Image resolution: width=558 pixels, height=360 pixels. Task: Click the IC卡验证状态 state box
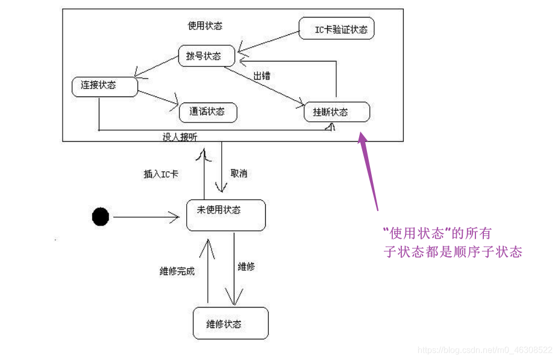[x=336, y=28]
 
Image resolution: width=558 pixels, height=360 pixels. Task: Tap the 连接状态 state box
[x=104, y=86]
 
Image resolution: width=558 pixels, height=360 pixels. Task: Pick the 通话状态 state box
[x=207, y=112]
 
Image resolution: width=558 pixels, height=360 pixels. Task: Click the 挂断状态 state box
[x=336, y=112]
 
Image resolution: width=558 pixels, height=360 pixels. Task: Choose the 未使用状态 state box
[x=225, y=215]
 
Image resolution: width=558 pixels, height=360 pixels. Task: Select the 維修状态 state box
[x=230, y=323]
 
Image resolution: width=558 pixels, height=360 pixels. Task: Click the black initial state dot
[x=101, y=216]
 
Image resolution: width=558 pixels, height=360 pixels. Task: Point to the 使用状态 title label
[x=205, y=25]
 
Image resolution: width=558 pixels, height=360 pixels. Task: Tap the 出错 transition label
[x=262, y=76]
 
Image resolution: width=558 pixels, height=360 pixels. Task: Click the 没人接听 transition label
[x=180, y=137]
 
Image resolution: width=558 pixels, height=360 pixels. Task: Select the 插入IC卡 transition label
[x=161, y=174]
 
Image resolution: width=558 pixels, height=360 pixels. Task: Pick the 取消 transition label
[x=239, y=173]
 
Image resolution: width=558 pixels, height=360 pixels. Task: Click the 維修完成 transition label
[x=177, y=271]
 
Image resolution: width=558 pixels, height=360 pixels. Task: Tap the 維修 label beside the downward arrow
[x=246, y=266]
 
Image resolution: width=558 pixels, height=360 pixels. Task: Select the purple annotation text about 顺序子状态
[x=452, y=242]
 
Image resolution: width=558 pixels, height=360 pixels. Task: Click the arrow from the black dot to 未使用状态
[x=148, y=216]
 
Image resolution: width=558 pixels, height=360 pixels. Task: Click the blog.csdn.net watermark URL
[x=484, y=350]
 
